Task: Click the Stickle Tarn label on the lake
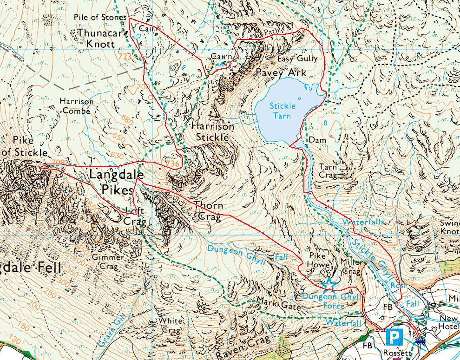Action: coord(283,111)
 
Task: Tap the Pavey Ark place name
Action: coord(281,73)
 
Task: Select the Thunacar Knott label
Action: coord(101,38)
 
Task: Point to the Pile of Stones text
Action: coord(99,17)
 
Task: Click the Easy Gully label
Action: coord(297,59)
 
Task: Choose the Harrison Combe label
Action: coord(77,106)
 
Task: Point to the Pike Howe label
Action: coord(320,260)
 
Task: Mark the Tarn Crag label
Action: coord(328,170)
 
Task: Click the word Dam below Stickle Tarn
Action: coord(315,139)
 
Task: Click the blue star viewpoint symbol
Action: coord(329,282)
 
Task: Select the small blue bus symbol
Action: coord(420,341)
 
